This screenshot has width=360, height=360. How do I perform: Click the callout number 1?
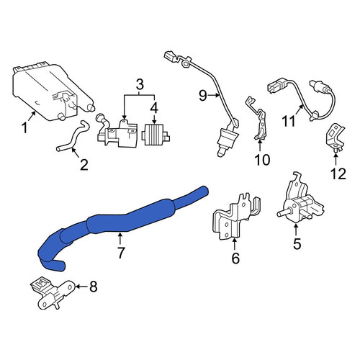(x=24, y=127)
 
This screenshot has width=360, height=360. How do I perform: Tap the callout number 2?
(x=84, y=165)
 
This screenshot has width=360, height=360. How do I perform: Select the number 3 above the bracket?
(x=140, y=84)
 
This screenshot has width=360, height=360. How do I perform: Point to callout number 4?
(x=154, y=107)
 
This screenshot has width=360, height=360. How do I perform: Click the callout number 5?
(x=297, y=244)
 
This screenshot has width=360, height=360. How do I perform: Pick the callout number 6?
(x=235, y=258)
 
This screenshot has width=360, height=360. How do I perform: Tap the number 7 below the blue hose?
(x=120, y=253)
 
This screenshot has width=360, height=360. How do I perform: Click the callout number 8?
(x=94, y=287)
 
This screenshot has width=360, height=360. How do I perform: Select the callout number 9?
(x=203, y=96)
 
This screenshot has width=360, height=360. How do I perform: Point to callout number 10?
(x=262, y=160)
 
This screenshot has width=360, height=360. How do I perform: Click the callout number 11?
(x=288, y=121)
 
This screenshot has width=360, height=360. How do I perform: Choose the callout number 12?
(x=338, y=174)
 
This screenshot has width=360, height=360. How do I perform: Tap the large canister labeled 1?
(x=52, y=92)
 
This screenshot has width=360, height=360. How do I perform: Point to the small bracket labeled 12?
(x=336, y=138)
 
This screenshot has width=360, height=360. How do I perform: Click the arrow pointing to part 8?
(x=81, y=287)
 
